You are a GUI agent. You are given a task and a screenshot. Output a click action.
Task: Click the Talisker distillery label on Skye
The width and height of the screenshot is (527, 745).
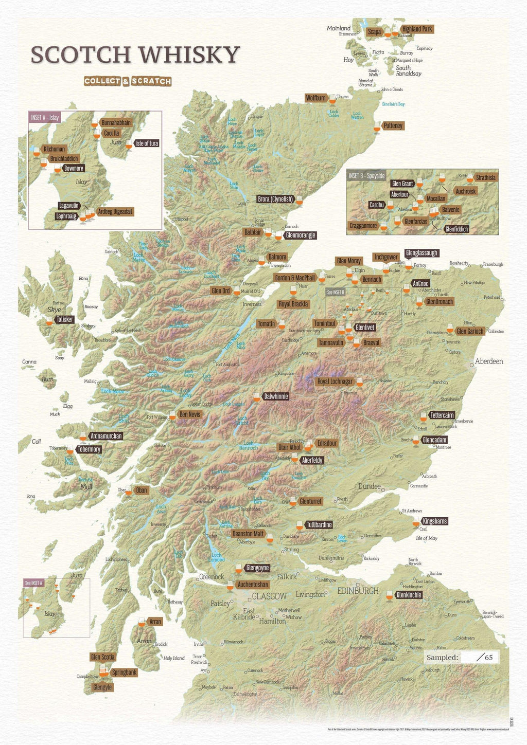(65, 319)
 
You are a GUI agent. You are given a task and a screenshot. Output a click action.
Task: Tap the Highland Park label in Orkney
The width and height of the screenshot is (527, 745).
(417, 29)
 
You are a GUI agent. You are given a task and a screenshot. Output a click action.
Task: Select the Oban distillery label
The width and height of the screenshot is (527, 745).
(141, 490)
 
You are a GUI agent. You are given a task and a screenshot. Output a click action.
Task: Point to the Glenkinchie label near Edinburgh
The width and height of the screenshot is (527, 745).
(409, 595)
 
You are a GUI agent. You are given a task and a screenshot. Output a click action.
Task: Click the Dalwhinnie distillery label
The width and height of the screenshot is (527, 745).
(276, 396)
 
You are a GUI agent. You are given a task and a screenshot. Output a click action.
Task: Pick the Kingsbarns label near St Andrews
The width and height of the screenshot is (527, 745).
(434, 521)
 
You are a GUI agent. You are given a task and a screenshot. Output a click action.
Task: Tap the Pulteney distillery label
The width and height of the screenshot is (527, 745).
(393, 125)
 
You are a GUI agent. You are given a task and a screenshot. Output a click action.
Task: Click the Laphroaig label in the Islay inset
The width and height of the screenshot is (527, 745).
(67, 216)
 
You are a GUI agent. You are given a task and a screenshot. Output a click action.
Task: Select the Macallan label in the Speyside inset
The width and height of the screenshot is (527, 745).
(436, 198)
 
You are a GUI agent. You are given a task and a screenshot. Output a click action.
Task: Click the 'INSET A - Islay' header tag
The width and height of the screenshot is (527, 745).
(45, 118)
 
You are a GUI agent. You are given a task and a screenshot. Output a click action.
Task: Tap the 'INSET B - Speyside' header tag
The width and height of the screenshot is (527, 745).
(366, 176)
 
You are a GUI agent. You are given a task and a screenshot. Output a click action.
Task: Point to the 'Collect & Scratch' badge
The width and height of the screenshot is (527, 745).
(128, 81)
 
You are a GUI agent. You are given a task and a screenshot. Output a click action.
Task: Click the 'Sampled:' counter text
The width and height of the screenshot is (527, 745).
(442, 657)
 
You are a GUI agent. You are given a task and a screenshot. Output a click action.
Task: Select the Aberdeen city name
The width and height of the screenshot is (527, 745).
(488, 361)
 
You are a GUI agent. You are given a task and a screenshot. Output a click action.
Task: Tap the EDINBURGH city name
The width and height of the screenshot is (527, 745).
(358, 591)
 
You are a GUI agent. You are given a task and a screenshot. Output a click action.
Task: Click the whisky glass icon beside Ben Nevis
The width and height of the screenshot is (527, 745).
(172, 416)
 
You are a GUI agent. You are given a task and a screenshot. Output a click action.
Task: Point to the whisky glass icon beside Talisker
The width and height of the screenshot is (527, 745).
(49, 320)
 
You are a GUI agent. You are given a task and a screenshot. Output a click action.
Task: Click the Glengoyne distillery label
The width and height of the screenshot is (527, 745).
(257, 568)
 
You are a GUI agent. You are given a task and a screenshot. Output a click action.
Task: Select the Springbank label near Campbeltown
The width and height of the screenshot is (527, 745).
(124, 673)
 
